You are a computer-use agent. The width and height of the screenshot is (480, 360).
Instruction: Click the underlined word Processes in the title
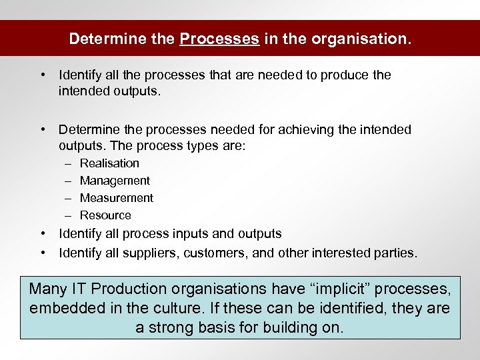(x=219, y=39)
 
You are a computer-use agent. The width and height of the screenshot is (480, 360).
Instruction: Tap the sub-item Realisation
(x=109, y=163)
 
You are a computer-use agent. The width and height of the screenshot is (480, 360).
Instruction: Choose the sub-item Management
(x=115, y=181)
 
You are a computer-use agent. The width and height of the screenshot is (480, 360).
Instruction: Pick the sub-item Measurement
(x=117, y=198)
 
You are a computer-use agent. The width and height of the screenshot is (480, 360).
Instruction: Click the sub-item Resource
(x=105, y=215)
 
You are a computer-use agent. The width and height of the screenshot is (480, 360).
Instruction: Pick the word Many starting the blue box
(x=47, y=289)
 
